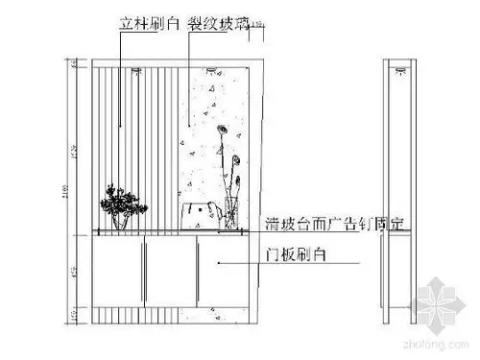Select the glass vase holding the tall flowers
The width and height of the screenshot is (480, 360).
point(230,217)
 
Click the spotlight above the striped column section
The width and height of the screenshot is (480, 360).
point(136,70)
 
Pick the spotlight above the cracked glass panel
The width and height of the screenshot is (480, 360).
point(212,70)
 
